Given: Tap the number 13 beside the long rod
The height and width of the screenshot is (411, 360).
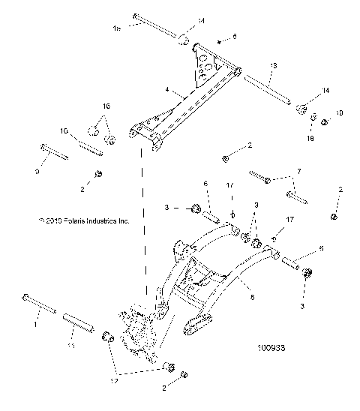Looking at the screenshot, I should click(274, 67).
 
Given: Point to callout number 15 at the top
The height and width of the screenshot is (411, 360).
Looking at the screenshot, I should click(116, 28).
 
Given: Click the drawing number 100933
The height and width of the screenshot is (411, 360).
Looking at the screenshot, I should click(274, 348).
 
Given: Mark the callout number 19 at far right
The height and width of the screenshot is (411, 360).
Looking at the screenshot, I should click(339, 113).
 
